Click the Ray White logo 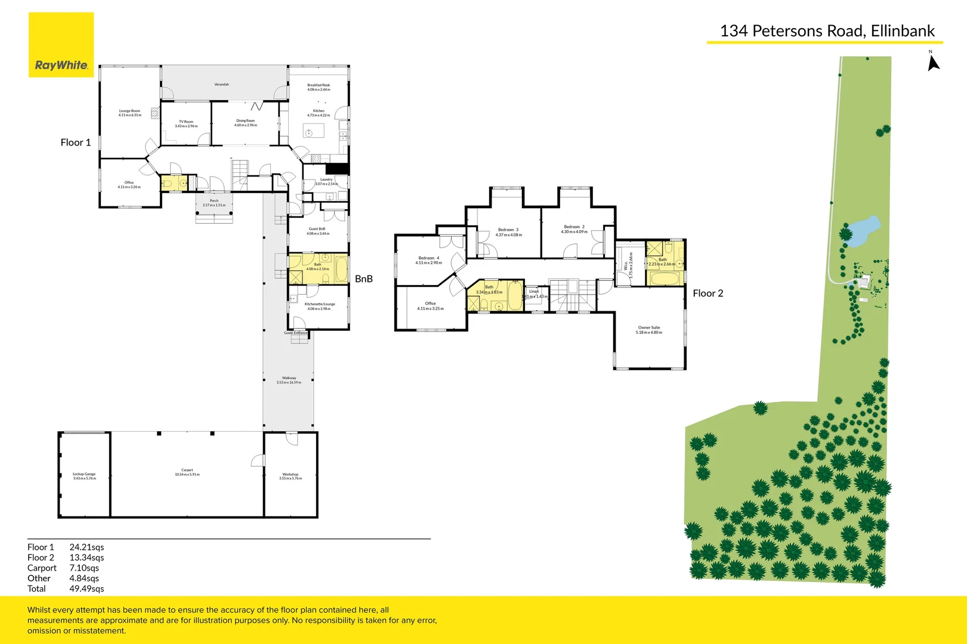[61, 45]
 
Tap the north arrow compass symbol [933, 63]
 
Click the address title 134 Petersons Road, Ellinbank [827, 31]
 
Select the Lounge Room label [129, 113]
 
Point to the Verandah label [221, 85]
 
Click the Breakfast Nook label [319, 87]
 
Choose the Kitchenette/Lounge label [319, 306]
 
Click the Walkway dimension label [289, 380]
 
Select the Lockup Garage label [84, 476]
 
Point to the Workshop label [291, 476]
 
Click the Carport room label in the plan [187, 472]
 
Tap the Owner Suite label [649, 330]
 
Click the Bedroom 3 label [508, 232]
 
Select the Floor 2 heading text [708, 293]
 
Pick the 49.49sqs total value [86, 589]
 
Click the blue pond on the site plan [864, 230]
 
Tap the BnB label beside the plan [363, 279]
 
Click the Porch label [214, 203]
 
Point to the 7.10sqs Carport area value [84, 568]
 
